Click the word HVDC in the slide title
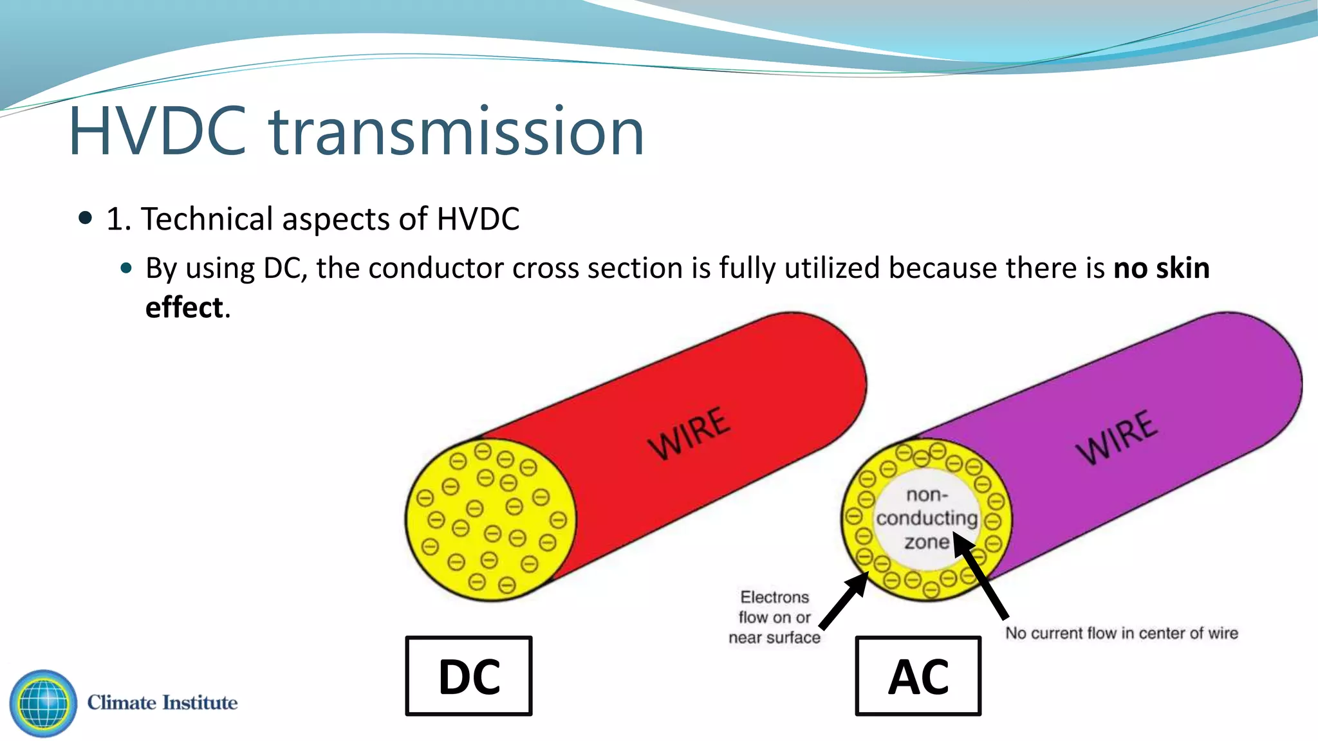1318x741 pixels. coord(158,132)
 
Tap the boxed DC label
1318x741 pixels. coord(469,676)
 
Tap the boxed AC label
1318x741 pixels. coord(918,676)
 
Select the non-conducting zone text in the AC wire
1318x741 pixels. coord(927,518)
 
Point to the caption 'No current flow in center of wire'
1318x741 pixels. coord(1121,633)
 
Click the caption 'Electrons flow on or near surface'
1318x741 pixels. coord(775,617)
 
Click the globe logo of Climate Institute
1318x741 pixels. coord(43,703)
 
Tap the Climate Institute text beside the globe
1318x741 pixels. coord(162,702)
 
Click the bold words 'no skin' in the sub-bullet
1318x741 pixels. coord(1161,268)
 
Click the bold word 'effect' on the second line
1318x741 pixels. coord(184,307)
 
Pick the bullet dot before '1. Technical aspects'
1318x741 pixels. coord(85,218)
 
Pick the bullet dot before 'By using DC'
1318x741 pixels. coord(126,268)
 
